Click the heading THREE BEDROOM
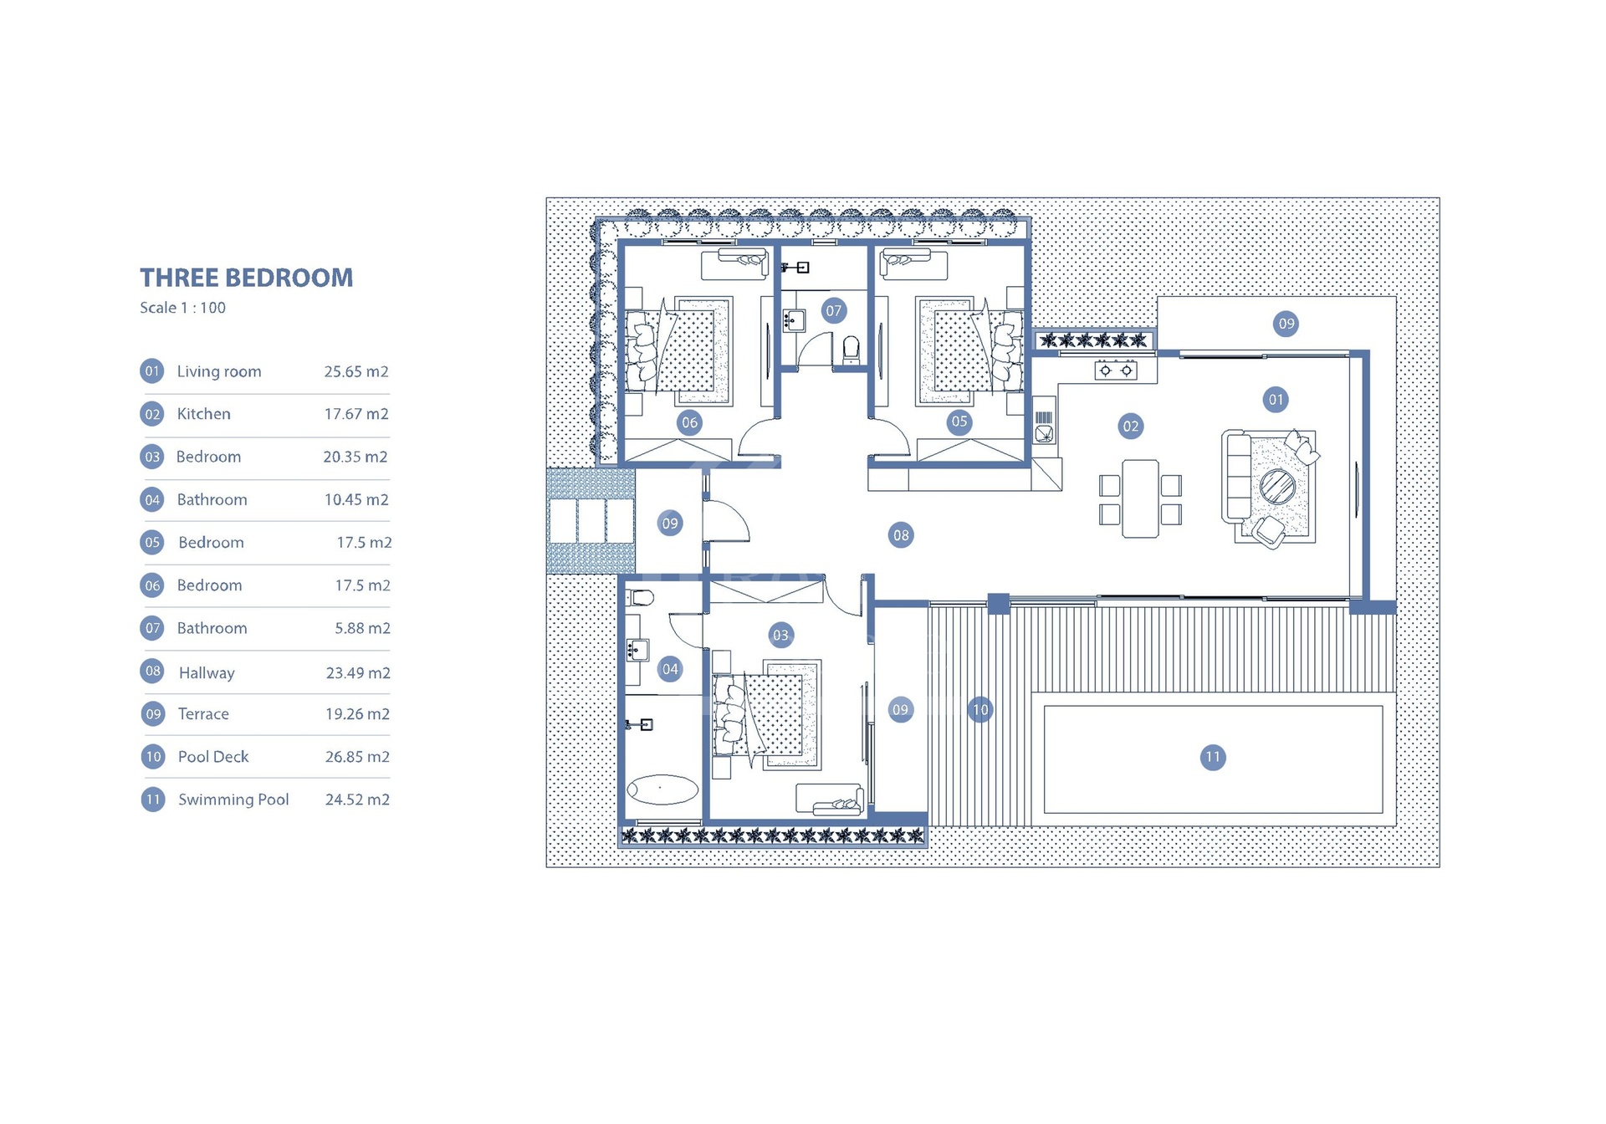tap(247, 278)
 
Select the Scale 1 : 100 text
tap(182, 308)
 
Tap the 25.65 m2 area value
tap(356, 371)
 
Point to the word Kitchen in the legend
tap(203, 414)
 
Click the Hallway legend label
tap(207, 672)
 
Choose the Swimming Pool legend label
tap(233, 800)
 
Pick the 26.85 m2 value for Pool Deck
tap(357, 757)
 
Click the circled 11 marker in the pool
tap(1213, 758)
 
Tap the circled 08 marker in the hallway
tap(901, 535)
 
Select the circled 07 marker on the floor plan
tap(834, 311)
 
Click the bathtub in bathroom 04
tap(662, 789)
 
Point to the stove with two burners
tap(1116, 370)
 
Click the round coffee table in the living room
tap(1277, 486)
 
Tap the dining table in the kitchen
tap(1140, 498)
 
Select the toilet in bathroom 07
tap(852, 349)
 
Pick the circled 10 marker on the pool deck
tap(980, 710)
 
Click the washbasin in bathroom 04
tap(637, 650)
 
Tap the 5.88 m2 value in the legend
tap(362, 628)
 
